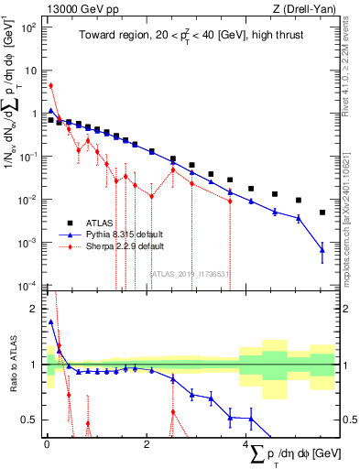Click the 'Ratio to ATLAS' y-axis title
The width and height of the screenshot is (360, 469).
(x=11, y=367)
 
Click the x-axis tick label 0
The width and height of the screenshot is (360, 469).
(x=45, y=447)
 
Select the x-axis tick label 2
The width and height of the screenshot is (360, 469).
(x=146, y=447)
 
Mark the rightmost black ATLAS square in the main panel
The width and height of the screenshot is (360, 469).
(x=322, y=213)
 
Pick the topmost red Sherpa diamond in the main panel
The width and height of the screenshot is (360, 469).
(x=50, y=86)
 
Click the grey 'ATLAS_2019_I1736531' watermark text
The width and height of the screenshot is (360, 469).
(x=188, y=272)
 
